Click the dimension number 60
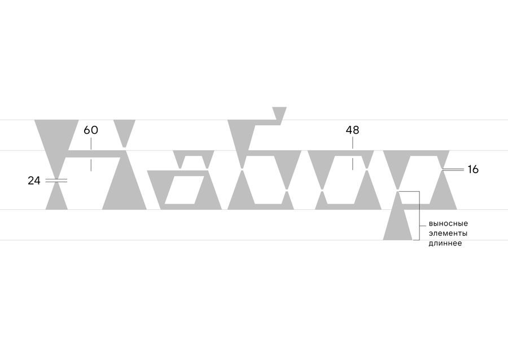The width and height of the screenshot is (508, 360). pyautogui.click(x=91, y=130)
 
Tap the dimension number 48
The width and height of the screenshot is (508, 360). pyautogui.click(x=352, y=130)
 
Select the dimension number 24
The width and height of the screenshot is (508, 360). pyautogui.click(x=34, y=181)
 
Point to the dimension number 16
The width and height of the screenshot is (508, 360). pyautogui.click(x=473, y=169)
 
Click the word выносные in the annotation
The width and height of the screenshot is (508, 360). pyautogui.click(x=448, y=223)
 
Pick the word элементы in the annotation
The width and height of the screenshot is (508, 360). pyautogui.click(x=448, y=234)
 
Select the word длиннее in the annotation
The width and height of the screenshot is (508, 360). pyautogui.click(x=445, y=243)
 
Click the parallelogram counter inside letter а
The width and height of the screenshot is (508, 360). pyautogui.click(x=185, y=190)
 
